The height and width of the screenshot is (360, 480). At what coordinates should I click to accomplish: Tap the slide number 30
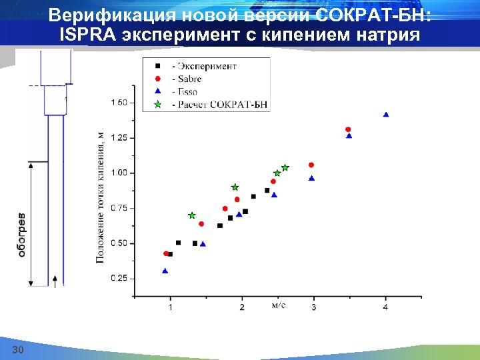pyautogui.click(x=18, y=351)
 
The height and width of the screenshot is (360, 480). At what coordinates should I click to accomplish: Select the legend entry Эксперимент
pyautogui.click(x=204, y=66)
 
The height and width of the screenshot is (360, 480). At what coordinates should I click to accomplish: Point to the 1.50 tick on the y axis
pyautogui.click(x=119, y=103)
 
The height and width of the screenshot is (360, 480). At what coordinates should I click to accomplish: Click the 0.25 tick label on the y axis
pyautogui.click(x=119, y=278)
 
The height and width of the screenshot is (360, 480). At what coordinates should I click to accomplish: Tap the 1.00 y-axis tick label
pyautogui.click(x=119, y=173)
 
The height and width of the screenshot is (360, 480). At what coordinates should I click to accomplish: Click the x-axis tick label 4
pyautogui.click(x=385, y=307)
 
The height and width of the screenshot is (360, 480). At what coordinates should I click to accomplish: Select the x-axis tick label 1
pyautogui.click(x=170, y=307)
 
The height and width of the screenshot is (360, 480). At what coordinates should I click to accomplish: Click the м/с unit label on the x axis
pyautogui.click(x=279, y=305)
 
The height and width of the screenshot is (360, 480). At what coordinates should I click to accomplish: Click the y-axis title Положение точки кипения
pyautogui.click(x=101, y=196)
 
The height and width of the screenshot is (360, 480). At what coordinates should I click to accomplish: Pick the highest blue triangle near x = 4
pyautogui.click(x=386, y=115)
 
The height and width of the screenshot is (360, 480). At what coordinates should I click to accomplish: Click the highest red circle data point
pyautogui.click(x=348, y=129)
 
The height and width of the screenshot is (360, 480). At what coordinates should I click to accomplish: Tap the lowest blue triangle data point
pyautogui.click(x=165, y=271)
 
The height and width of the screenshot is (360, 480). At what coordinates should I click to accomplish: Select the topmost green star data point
pyautogui.click(x=285, y=167)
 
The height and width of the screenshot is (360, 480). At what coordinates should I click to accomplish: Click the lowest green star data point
pyautogui.click(x=192, y=215)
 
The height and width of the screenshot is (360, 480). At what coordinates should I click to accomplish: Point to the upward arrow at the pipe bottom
pyautogui.click(x=55, y=279)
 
